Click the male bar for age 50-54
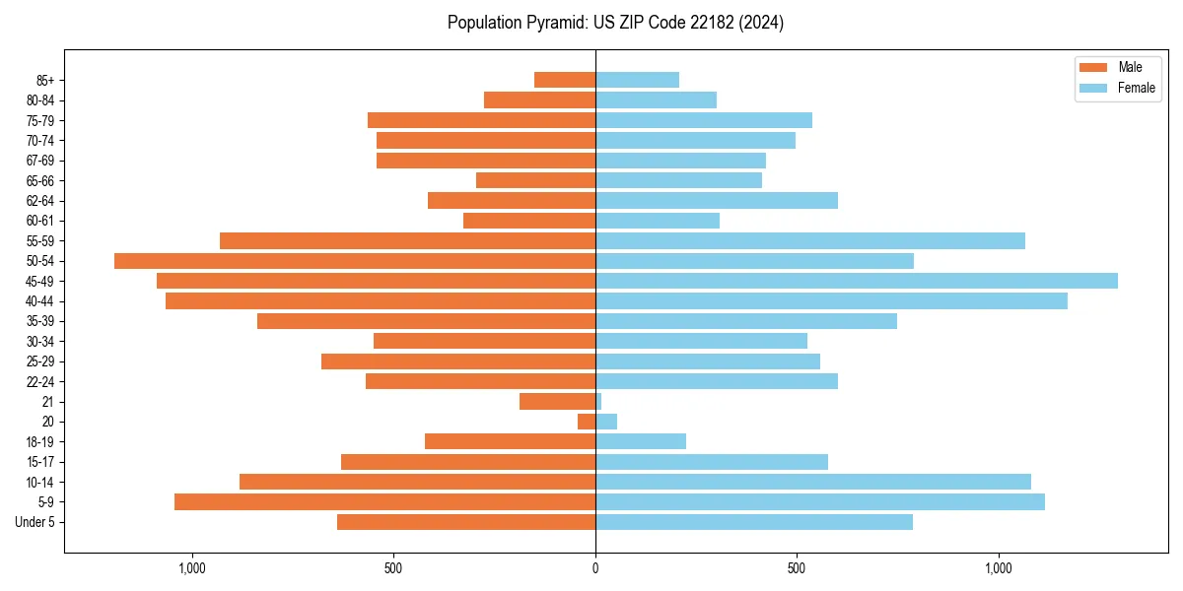(x=355, y=261)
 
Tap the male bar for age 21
(x=558, y=402)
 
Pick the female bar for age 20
(x=606, y=422)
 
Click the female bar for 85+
(x=637, y=80)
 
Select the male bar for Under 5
(x=466, y=522)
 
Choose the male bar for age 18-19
(x=510, y=441)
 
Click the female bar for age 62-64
(x=717, y=201)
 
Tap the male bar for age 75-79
(x=481, y=120)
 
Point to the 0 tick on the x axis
(x=595, y=568)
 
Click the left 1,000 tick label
(x=191, y=568)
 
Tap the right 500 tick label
(x=797, y=568)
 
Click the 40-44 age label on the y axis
(x=38, y=301)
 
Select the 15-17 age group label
(x=38, y=462)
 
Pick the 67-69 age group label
(x=38, y=161)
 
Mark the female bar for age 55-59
(x=809, y=241)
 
